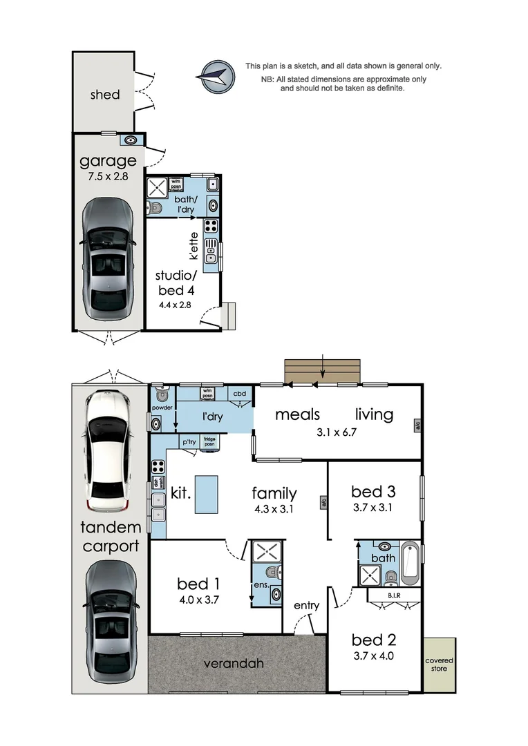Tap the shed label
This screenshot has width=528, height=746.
tap(105, 95)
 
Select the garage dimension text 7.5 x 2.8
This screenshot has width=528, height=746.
tap(109, 176)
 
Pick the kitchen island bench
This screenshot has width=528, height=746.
tap(206, 495)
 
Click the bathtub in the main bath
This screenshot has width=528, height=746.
tap(408, 562)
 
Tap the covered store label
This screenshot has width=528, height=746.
tap(439, 664)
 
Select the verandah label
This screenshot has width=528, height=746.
tap(234, 664)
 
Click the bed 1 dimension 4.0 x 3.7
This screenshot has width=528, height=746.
tap(198, 600)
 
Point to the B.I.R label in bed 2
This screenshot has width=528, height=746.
tap(394, 595)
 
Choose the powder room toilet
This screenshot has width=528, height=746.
tap(162, 395)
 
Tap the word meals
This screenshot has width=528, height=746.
tap(297, 414)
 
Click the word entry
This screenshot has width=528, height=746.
tap(306, 606)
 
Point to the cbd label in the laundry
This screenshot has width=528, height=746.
tap(240, 394)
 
